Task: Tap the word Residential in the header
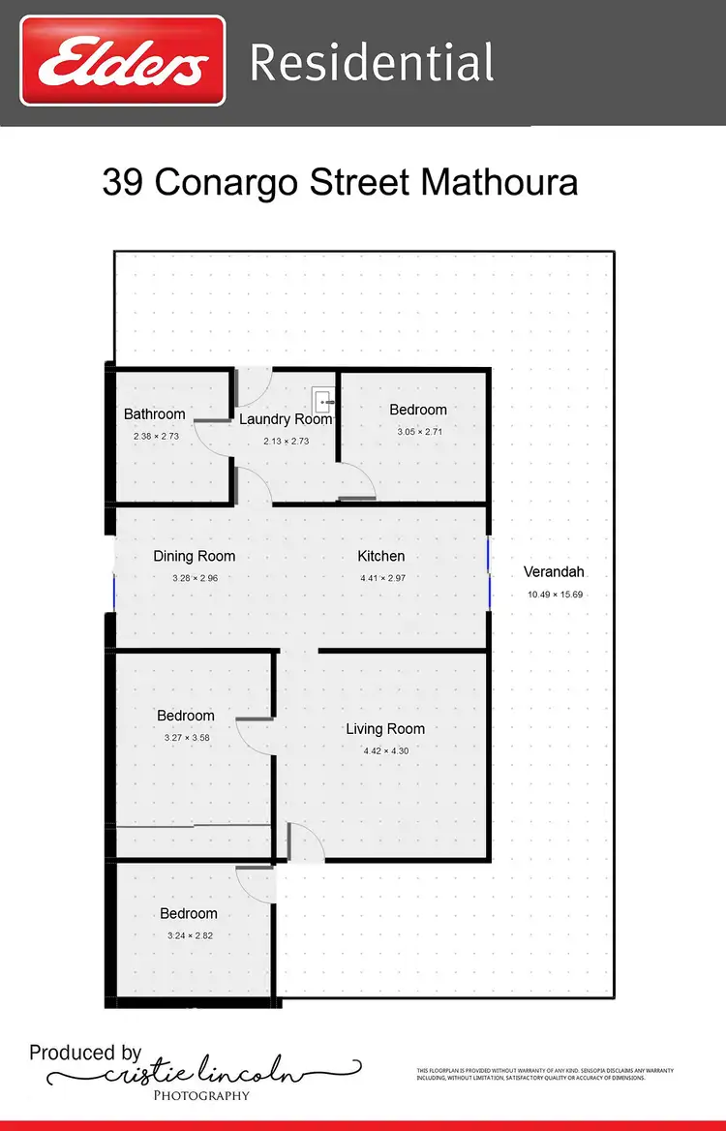coord(372,63)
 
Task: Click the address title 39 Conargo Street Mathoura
coord(340,182)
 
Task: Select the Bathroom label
coord(154,414)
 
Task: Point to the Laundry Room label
coord(286,419)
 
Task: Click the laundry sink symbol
coord(323,400)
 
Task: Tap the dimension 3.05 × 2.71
coord(418,432)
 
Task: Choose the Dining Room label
coord(195,556)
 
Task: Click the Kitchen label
coord(381,556)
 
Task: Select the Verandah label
coord(554,571)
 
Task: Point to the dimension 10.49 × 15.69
coord(554,595)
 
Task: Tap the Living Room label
coord(385,729)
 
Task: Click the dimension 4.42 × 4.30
coord(385,751)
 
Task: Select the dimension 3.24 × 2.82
coord(189,935)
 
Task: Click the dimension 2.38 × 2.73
coord(156,437)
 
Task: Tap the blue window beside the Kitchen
coord(490,574)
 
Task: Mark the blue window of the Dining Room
coord(114,592)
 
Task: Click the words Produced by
coord(85,1053)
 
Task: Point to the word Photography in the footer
coord(201,1095)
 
